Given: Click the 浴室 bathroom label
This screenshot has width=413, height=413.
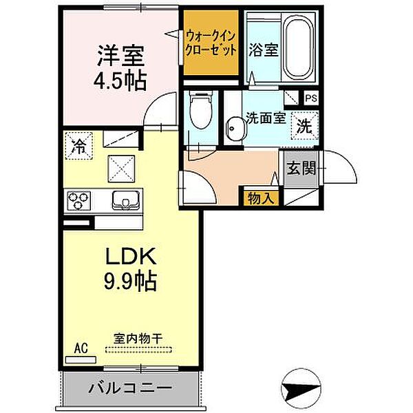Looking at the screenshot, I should point(264,51).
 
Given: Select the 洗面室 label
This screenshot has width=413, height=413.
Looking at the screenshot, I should point(264,117).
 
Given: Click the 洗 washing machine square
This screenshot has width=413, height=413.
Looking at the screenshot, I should point(303,126).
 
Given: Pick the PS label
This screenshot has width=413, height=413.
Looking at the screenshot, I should point(311,98).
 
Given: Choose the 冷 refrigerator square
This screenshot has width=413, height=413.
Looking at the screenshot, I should point(79,145).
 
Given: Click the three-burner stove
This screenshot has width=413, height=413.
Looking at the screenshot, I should point(78,201).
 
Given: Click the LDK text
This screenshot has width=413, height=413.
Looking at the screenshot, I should point(132,257).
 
